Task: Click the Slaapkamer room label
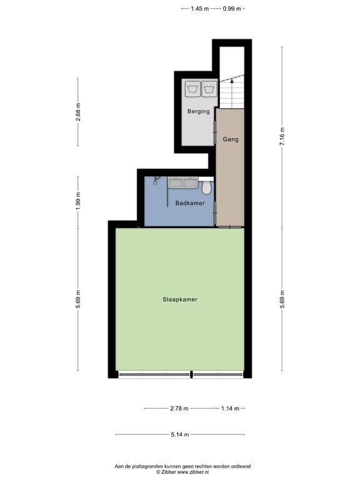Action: pyautogui.click(x=180, y=299)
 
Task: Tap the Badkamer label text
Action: pyautogui.click(x=190, y=203)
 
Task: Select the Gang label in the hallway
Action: pyautogui.click(x=231, y=139)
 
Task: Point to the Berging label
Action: pyautogui.click(x=199, y=111)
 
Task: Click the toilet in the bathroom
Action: pyautogui.click(x=207, y=187)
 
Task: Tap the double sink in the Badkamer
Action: pyautogui.click(x=183, y=183)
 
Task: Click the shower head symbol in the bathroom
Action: pyautogui.click(x=157, y=180)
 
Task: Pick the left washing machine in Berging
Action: pyautogui.click(x=192, y=89)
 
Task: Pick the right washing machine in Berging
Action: pyautogui.click(x=209, y=89)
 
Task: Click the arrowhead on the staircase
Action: pyautogui.click(x=232, y=81)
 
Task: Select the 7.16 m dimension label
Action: pyautogui.click(x=282, y=136)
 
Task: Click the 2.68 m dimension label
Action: pyautogui.click(x=78, y=112)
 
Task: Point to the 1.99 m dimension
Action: pyautogui.click(x=78, y=201)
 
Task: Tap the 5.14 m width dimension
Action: pyautogui.click(x=180, y=434)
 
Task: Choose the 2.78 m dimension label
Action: pyautogui.click(x=179, y=408)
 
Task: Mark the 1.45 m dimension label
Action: pyautogui.click(x=199, y=9)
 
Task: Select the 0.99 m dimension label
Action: pyautogui.click(x=232, y=9)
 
